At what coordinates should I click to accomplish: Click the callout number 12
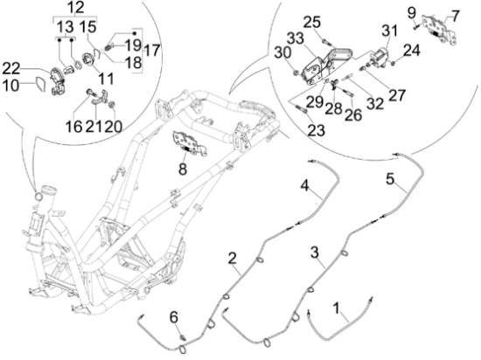click(75, 7)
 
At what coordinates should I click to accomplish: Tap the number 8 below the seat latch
click(183, 169)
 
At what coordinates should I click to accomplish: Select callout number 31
click(389, 31)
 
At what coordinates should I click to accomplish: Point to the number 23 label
click(316, 130)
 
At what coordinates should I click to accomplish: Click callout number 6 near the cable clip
click(174, 318)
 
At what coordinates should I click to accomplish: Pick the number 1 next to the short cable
click(337, 308)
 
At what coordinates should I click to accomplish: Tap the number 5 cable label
click(390, 179)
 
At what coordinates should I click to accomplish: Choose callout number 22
click(11, 69)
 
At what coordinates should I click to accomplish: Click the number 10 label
click(11, 85)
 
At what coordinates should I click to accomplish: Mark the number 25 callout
click(312, 23)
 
